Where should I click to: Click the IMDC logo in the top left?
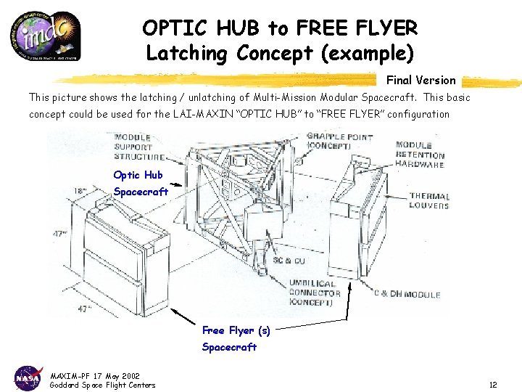click(50, 34)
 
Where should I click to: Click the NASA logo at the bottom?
click(28, 377)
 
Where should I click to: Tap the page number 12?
click(492, 385)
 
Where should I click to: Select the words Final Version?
click(420, 80)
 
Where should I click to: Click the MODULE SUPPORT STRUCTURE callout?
click(138, 147)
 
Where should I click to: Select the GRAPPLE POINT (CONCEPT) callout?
click(339, 141)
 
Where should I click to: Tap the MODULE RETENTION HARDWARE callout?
click(420, 155)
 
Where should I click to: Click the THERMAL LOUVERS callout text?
click(428, 200)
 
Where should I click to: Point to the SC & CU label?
click(288, 260)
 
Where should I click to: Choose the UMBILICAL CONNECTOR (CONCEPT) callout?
click(314, 292)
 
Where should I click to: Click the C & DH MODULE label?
click(407, 294)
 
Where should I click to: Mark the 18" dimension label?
click(80, 191)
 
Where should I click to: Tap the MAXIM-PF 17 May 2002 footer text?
click(94, 375)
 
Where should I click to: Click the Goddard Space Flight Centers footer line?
click(102, 385)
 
